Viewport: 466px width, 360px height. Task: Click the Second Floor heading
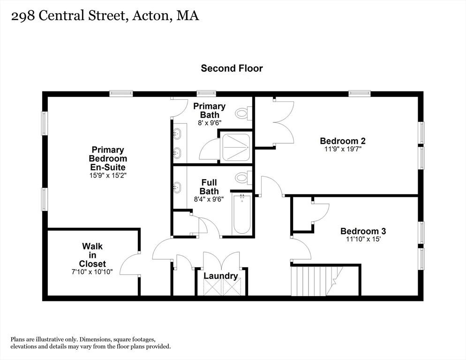click(x=232, y=68)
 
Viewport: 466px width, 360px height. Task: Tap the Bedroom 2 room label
click(x=343, y=141)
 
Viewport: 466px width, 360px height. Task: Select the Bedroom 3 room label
click(x=363, y=231)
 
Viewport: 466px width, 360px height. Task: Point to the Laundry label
click(x=220, y=276)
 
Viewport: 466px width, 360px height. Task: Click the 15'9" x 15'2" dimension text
click(x=108, y=175)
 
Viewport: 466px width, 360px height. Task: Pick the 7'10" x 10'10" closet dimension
click(x=92, y=271)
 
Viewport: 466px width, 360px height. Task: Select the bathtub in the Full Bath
click(x=242, y=214)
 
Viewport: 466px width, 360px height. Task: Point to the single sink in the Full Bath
click(x=177, y=187)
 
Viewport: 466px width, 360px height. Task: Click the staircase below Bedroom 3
click(x=317, y=281)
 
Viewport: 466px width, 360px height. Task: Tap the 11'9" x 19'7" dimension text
click(x=343, y=149)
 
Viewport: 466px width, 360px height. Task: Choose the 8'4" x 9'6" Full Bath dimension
click(x=209, y=199)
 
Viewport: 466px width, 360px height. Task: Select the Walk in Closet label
click(x=92, y=255)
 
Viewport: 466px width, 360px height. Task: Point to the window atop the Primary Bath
click(x=206, y=93)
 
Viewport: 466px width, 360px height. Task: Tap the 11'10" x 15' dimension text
click(x=363, y=239)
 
